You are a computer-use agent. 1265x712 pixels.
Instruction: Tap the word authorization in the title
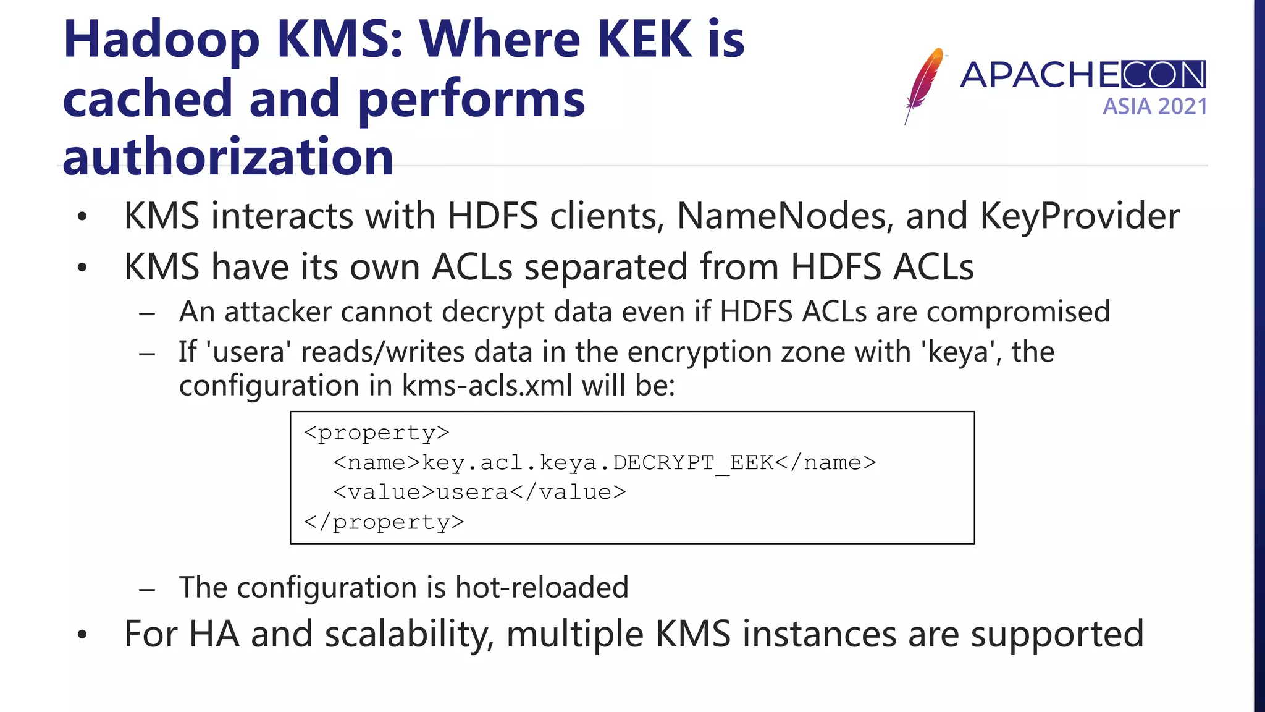point(228,157)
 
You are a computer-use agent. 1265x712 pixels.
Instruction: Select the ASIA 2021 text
point(1154,106)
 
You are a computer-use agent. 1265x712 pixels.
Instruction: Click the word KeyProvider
point(1079,216)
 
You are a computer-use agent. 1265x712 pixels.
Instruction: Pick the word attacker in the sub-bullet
point(278,311)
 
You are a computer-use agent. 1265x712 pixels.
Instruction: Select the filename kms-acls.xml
point(487,386)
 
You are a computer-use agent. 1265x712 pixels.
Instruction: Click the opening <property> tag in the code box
point(377,433)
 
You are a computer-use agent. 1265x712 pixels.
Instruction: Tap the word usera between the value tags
point(473,492)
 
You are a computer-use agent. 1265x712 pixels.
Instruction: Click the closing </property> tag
point(384,522)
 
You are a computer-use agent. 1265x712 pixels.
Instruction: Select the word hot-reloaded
point(542,587)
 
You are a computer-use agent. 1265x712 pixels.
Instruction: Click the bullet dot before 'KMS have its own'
point(82,268)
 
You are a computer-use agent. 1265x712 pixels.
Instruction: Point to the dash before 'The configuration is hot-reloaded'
point(147,589)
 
